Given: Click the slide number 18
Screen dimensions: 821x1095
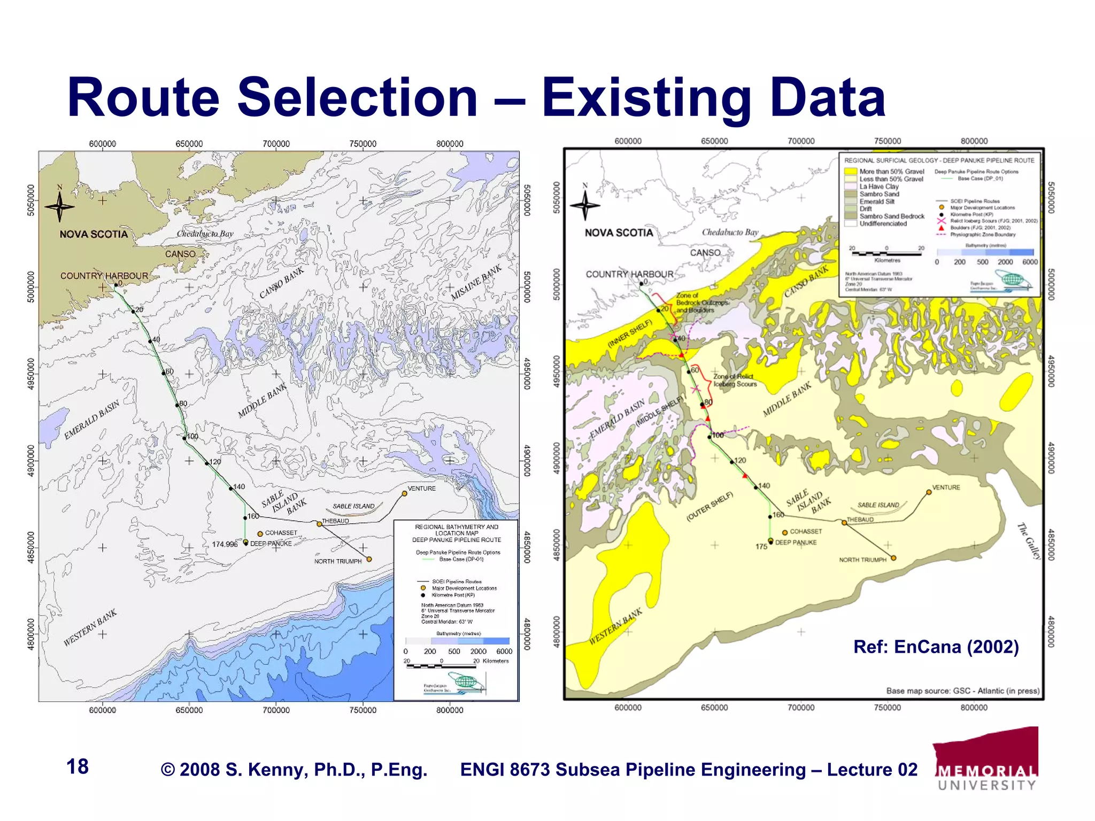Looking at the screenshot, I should click(x=78, y=766).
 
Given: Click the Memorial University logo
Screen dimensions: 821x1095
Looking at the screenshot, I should click(x=987, y=759).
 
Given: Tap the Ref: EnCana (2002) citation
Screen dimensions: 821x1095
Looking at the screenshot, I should click(x=936, y=647).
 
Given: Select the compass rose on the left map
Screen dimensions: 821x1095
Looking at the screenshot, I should click(x=59, y=206).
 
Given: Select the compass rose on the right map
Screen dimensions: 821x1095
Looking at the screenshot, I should click(x=585, y=204).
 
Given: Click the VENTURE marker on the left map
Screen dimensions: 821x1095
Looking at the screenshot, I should click(x=405, y=493).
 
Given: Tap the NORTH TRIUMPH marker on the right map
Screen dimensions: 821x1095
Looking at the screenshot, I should click(x=893, y=558).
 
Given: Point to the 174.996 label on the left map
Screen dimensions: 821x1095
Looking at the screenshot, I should click(x=225, y=544).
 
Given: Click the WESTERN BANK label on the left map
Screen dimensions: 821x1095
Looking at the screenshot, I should click(x=90, y=628).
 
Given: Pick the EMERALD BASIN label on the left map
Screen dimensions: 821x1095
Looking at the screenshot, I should click(x=91, y=420).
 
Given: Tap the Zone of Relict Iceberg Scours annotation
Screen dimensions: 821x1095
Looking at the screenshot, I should click(x=735, y=380).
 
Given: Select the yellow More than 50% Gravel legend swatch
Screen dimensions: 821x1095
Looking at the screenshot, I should click(x=851, y=172).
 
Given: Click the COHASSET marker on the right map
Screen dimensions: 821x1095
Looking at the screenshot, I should click(x=785, y=532).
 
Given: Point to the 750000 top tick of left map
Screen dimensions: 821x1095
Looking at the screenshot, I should click(x=363, y=144).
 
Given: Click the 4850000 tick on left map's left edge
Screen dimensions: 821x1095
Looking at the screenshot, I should click(x=30, y=547).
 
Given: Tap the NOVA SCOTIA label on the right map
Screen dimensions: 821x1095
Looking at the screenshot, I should click(x=619, y=233).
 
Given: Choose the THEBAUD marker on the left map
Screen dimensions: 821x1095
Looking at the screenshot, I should click(x=320, y=524).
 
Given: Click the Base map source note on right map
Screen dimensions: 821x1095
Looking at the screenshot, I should click(x=963, y=691).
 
